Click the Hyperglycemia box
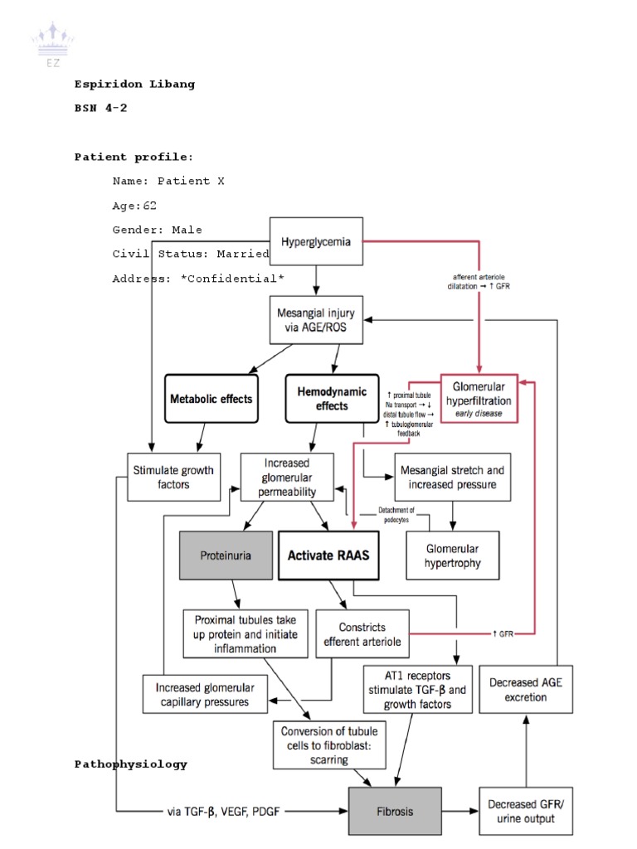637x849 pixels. (314, 242)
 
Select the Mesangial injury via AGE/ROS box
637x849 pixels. (314, 322)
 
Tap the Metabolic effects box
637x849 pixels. (211, 398)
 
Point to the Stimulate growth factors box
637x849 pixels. (173, 477)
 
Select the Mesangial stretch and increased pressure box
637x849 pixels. (452, 476)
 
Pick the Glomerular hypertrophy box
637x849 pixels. (452, 555)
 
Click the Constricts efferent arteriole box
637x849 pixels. (362, 635)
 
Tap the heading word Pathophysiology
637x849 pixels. (130, 764)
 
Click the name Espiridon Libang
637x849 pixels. (134, 84)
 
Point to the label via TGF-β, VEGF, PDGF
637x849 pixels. (223, 811)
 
